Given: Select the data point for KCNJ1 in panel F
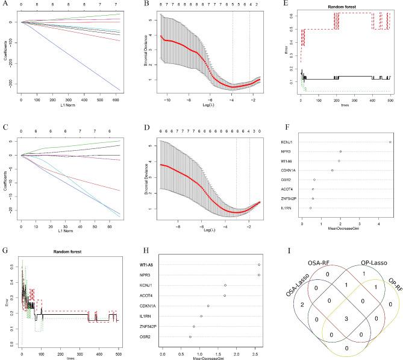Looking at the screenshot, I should [390, 142].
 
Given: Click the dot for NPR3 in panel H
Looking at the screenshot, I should [259, 275].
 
